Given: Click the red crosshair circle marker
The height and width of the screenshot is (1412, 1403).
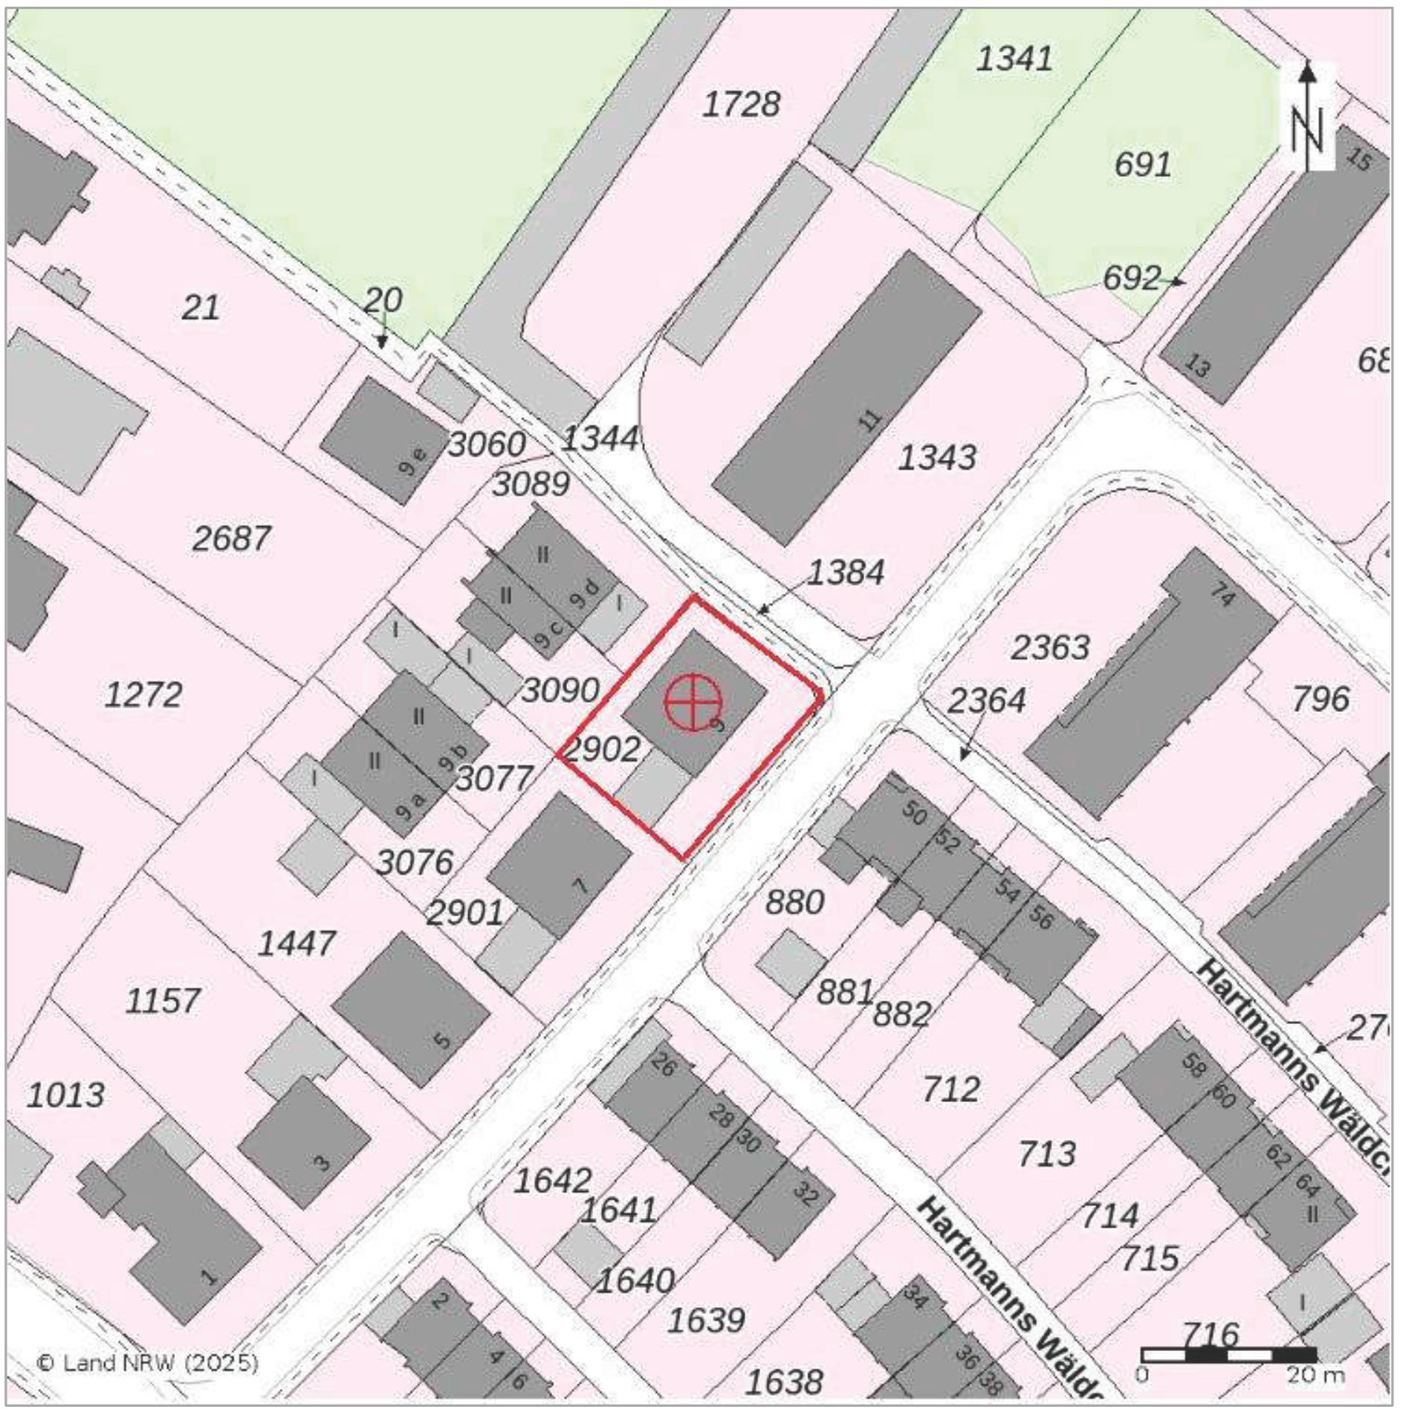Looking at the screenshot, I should pyautogui.click(x=693, y=702).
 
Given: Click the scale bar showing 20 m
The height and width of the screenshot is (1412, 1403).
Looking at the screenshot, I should pyautogui.click(x=1228, y=1355).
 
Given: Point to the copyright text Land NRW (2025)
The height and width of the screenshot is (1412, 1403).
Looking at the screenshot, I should pyautogui.click(x=148, y=1363).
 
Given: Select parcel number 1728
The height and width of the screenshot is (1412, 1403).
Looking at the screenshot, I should pyautogui.click(x=741, y=105).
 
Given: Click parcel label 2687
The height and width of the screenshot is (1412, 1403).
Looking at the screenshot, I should pyautogui.click(x=231, y=538).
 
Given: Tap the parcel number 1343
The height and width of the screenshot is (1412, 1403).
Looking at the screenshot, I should pyautogui.click(x=936, y=457).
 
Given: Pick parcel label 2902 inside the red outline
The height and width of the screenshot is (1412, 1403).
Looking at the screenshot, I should pyautogui.click(x=602, y=749).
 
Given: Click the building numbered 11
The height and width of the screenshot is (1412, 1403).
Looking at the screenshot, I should pyautogui.click(x=847, y=398).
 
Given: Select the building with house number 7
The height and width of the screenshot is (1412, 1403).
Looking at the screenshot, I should pyautogui.click(x=559, y=864).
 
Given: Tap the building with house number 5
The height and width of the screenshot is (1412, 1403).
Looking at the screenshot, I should pyautogui.click(x=410, y=1009).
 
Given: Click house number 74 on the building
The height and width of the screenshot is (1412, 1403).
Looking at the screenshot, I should pyautogui.click(x=1222, y=595).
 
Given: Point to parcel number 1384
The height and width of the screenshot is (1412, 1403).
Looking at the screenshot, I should pyautogui.click(x=846, y=572).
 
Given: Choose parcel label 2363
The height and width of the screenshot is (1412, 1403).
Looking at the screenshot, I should pyautogui.click(x=1049, y=647).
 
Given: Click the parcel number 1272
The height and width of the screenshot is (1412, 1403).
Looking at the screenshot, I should pyautogui.click(x=143, y=695).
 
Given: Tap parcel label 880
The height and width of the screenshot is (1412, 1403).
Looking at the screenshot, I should pyautogui.click(x=794, y=902).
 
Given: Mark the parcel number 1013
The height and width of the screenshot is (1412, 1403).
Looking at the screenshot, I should pyautogui.click(x=65, y=1095).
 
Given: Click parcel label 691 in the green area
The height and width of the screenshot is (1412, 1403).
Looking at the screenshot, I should pyautogui.click(x=1142, y=164).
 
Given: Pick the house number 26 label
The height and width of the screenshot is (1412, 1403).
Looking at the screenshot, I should pyautogui.click(x=663, y=1066).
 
